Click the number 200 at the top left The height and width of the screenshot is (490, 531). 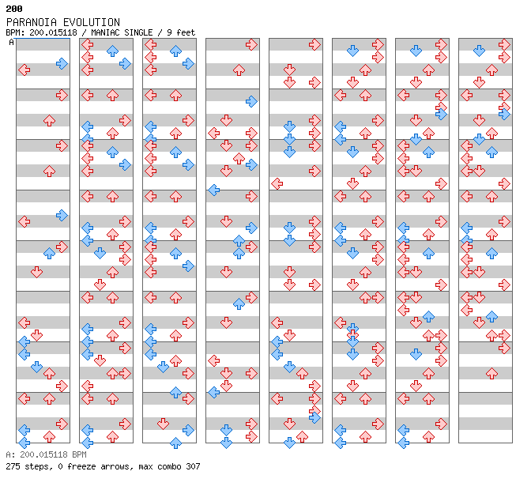point(14,9)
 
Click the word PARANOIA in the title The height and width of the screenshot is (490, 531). point(31,22)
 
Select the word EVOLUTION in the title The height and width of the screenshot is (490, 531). point(92,22)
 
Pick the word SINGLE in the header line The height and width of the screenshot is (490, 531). point(138,32)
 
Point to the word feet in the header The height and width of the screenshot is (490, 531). point(186,32)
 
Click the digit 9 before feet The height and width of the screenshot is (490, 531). point(169,32)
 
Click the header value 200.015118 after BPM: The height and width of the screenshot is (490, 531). point(53,32)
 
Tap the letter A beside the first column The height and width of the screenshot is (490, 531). point(12,43)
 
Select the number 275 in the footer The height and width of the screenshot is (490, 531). point(13,466)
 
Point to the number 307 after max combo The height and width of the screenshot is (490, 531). point(193,466)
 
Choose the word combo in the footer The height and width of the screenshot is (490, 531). point(171,466)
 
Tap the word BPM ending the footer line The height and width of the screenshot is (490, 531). point(79,454)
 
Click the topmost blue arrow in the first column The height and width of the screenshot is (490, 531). point(62,64)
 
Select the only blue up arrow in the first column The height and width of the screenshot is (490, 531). point(50,253)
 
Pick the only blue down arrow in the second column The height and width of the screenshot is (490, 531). point(100,253)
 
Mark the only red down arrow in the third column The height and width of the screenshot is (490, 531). point(164,424)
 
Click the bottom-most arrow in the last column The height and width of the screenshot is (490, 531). point(491,374)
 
